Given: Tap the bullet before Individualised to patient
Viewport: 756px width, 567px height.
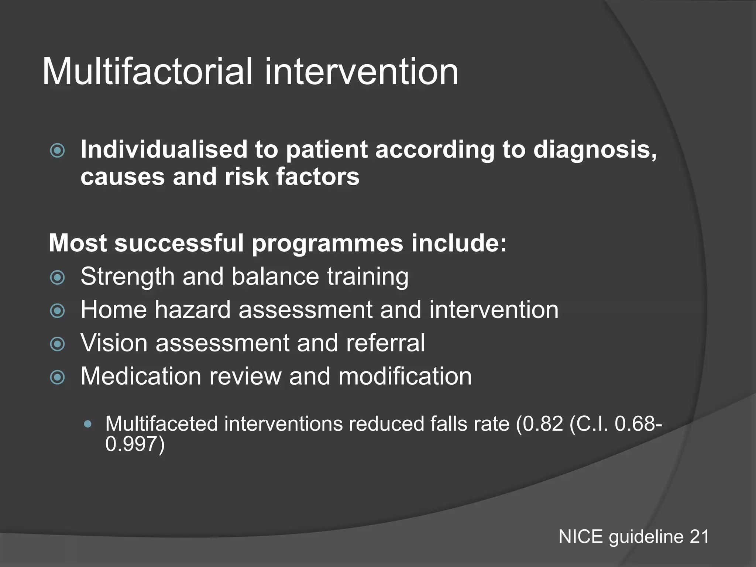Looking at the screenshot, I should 58,151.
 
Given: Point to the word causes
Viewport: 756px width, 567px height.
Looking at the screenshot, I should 123,176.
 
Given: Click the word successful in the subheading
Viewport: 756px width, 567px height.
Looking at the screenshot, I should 179,243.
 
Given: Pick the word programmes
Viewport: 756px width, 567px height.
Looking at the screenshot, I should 327,244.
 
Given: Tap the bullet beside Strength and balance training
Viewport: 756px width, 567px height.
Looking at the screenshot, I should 58,278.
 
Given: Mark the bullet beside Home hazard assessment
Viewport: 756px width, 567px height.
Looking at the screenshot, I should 58,311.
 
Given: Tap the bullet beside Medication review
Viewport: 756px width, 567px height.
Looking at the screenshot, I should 58,377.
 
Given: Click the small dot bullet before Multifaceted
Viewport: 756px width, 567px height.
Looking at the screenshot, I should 87,424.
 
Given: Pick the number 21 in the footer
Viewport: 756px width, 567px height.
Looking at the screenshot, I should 699,536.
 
